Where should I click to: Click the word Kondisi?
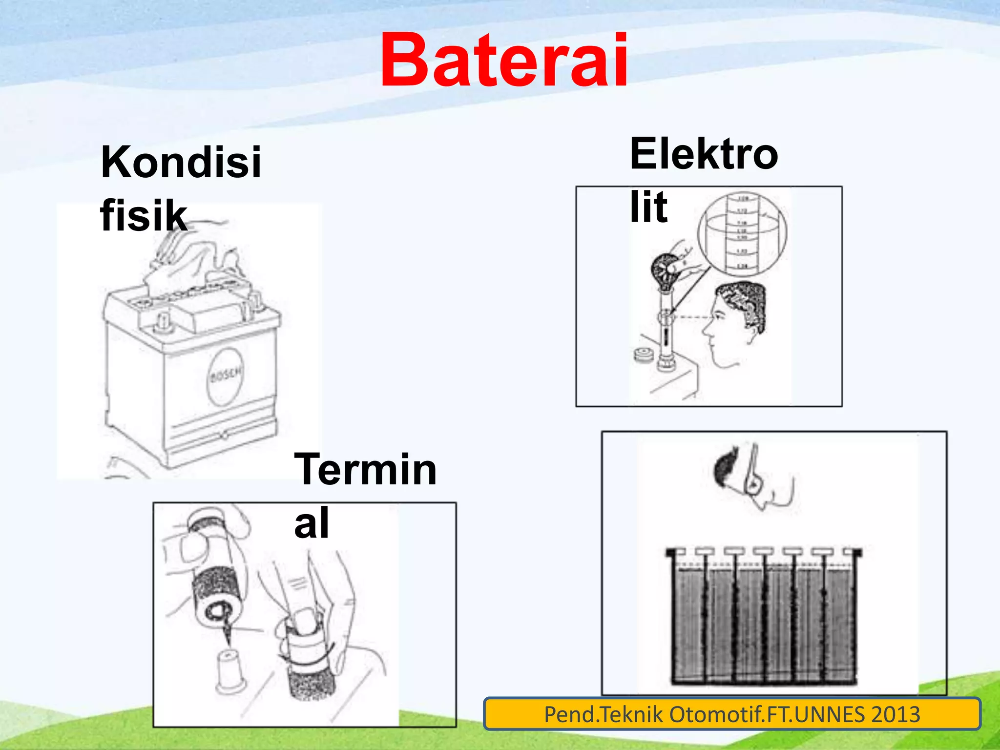tap(181, 162)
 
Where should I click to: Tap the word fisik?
tap(144, 215)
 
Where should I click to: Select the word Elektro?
tap(704, 154)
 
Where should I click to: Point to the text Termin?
tap(365, 469)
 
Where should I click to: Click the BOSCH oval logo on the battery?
tap(225, 376)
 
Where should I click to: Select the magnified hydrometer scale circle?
tap(742, 234)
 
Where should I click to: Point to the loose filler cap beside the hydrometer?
tap(644, 355)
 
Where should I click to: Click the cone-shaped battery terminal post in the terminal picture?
tap(229, 669)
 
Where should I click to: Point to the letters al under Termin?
tap(312, 523)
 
